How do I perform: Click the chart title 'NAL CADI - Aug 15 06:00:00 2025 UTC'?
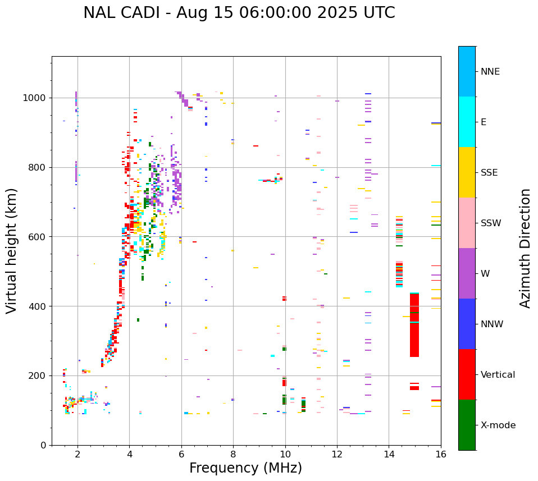239,13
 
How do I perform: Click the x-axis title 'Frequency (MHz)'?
245,468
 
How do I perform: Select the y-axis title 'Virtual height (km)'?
12,251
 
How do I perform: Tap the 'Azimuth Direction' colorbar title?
525,248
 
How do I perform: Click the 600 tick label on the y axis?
38,237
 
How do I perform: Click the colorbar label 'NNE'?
490,72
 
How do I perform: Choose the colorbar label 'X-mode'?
498,425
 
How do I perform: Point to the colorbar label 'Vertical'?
498,375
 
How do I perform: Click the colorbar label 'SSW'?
491,223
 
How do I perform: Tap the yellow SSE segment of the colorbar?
467,172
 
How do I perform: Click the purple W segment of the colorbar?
467,273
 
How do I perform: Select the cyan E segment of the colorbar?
467,122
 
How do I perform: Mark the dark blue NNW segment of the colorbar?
467,324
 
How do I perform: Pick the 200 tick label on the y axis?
38,375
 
